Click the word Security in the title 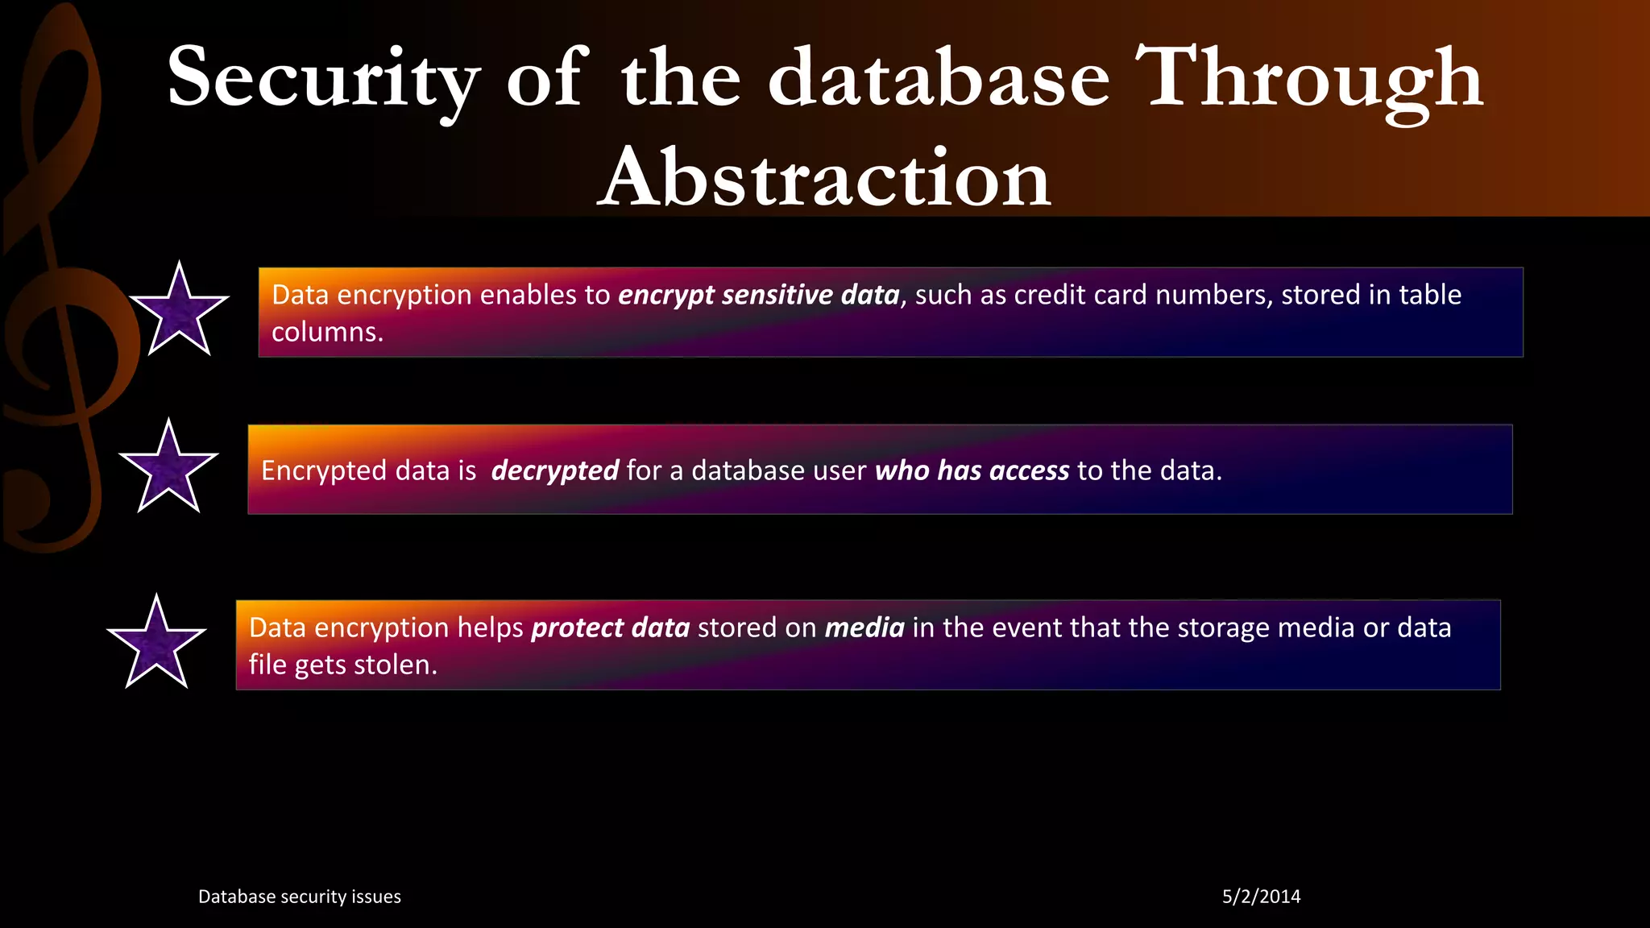click(323, 79)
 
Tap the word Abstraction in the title click(824, 178)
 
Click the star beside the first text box click(179, 312)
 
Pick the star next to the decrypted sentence click(168, 469)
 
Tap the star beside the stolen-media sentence click(156, 644)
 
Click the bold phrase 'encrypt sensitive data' click(758, 295)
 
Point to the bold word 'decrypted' click(554, 470)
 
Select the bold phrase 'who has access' click(972, 470)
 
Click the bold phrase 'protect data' click(610, 628)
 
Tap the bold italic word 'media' click(864, 628)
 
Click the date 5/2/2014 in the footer click(1261, 897)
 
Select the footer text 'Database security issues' click(300, 897)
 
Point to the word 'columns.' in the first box click(327, 332)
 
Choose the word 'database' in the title click(939, 79)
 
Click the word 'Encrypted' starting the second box click(313, 470)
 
